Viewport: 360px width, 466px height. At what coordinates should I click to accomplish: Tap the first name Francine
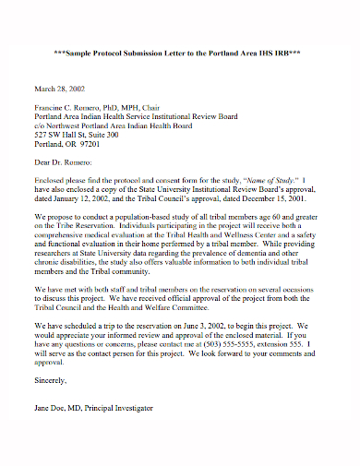[51, 108]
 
